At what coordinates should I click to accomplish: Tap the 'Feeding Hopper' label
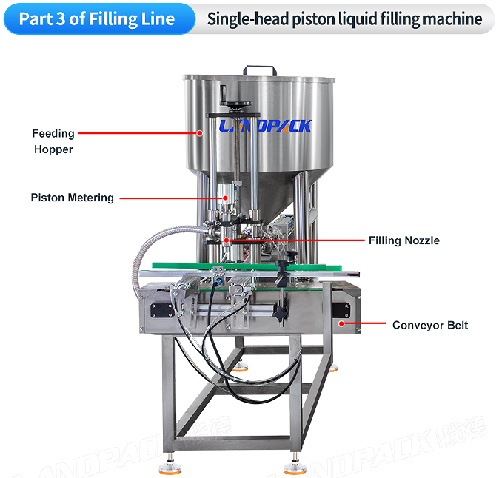(53, 141)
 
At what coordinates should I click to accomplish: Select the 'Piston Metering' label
(73, 198)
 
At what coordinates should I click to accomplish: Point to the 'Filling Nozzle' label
(403, 240)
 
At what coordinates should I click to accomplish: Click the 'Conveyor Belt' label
(430, 325)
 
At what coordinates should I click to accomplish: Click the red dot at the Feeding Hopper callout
(200, 134)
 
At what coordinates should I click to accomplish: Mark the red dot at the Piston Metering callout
(223, 198)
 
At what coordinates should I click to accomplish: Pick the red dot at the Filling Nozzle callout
(227, 240)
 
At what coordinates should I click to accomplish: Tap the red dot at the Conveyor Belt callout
(341, 324)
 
